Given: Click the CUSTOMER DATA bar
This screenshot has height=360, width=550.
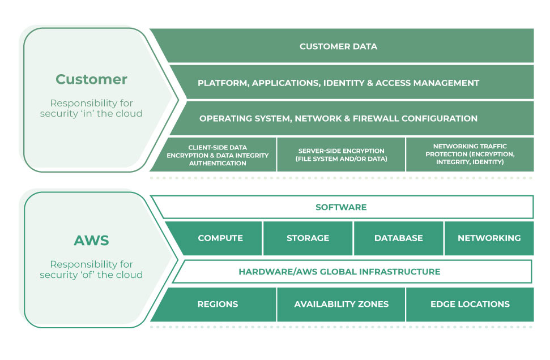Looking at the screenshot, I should pyautogui.click(x=338, y=46).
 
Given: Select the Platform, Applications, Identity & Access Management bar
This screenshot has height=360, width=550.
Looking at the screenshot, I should pyautogui.click(x=338, y=83).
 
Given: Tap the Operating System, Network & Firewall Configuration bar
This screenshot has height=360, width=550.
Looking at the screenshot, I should pyautogui.click(x=338, y=118).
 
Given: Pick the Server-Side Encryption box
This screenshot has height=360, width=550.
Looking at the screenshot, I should pyautogui.click(x=341, y=155).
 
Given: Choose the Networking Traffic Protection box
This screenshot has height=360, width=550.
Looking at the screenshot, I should pyautogui.click(x=470, y=155).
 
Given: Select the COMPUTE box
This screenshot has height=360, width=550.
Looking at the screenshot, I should pyautogui.click(x=220, y=238).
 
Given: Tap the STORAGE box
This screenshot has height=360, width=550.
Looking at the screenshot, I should pyautogui.click(x=308, y=238).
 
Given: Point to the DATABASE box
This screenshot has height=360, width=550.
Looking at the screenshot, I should pyautogui.click(x=398, y=238).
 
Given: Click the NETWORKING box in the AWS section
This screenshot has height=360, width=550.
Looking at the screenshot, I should pyautogui.click(x=489, y=238).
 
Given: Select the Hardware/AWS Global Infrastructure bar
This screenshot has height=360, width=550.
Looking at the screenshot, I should pyautogui.click(x=339, y=272).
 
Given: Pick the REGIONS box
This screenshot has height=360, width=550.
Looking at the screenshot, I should pyautogui.click(x=218, y=304).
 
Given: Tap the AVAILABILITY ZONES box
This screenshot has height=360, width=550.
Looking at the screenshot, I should pyautogui.click(x=341, y=304).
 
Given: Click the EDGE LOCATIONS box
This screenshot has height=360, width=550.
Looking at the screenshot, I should pyautogui.click(x=470, y=304).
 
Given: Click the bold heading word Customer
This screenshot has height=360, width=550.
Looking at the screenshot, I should pyautogui.click(x=91, y=79).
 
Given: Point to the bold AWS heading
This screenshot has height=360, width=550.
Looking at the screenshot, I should pyautogui.click(x=91, y=240).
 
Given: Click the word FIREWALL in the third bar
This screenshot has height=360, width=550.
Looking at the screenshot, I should pyautogui.click(x=378, y=118).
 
